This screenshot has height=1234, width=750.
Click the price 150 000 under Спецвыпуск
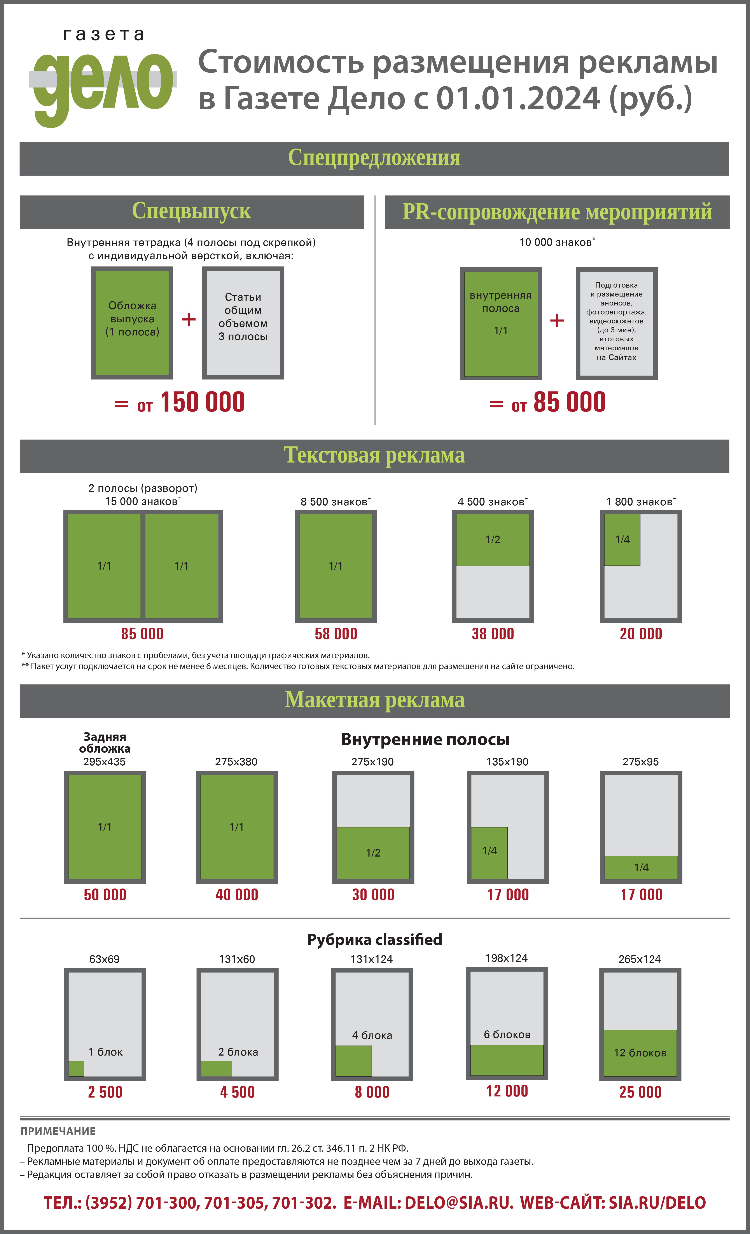pyautogui.click(x=202, y=402)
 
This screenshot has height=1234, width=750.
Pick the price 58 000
pyautogui.click(x=336, y=634)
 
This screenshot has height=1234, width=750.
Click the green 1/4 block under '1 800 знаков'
pyautogui.click(x=622, y=540)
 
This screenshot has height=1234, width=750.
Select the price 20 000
pyautogui.click(x=641, y=634)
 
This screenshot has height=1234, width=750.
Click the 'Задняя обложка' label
pyautogui.click(x=105, y=743)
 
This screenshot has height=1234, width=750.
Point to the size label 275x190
pyautogui.click(x=372, y=762)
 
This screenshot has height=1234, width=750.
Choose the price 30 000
pyautogui.click(x=373, y=895)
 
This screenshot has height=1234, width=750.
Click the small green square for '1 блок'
pyautogui.click(x=76, y=1069)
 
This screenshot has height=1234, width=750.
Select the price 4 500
pyautogui.click(x=238, y=1092)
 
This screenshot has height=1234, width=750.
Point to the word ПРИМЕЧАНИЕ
pyautogui.click(x=58, y=1131)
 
